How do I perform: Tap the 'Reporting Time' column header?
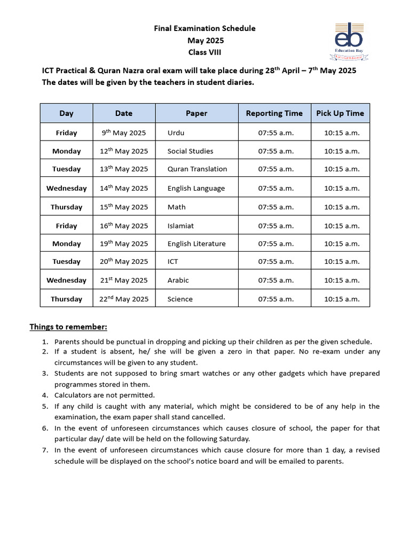(274, 113)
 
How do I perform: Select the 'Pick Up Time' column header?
(340, 113)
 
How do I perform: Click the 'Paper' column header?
(196, 113)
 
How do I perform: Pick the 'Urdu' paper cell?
(176, 133)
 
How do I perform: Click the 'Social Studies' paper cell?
(190, 151)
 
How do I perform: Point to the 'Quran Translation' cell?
(197, 169)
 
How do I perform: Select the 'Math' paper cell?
(176, 207)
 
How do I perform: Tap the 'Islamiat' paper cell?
(180, 226)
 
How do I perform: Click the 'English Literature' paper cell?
(196, 244)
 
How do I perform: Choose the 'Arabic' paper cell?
(178, 280)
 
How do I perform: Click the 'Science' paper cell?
(180, 299)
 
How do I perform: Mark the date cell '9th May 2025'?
(124, 133)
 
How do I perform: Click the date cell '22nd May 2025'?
(124, 299)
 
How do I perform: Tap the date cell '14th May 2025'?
(124, 188)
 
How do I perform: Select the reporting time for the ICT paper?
(276, 262)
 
